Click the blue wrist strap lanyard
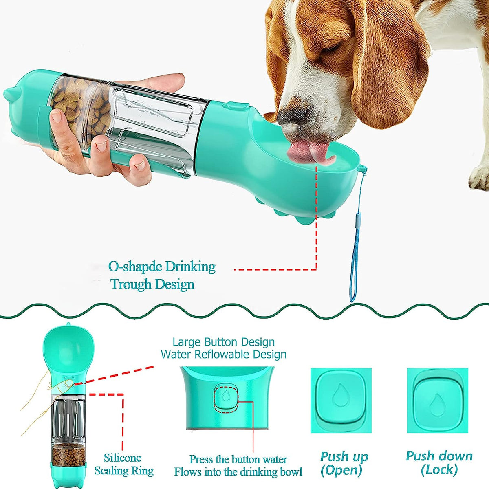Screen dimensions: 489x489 click(356, 244)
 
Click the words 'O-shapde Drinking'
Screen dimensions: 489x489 click(162, 267)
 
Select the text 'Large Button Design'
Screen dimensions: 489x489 click(223, 342)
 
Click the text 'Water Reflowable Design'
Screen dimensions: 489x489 click(223, 355)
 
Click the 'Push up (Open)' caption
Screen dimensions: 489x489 click(344, 463)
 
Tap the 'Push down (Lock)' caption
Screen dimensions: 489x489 click(439, 463)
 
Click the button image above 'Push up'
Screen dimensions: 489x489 click(341, 400)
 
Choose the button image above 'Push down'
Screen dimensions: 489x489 click(438, 400)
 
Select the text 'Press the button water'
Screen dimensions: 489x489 click(238, 460)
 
